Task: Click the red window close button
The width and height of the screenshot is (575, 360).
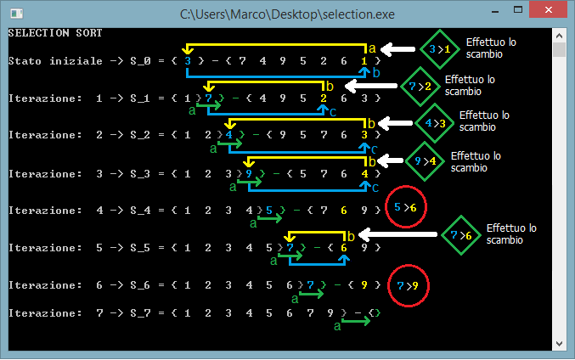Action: pos(548,9)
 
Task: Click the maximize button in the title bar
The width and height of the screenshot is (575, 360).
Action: pos(518,10)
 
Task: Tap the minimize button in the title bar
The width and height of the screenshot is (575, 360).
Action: pos(495,12)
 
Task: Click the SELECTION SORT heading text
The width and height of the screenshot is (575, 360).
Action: pos(55,33)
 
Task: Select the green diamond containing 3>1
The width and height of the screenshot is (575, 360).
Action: pos(440,49)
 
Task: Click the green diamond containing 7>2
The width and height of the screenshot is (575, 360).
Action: pos(420,87)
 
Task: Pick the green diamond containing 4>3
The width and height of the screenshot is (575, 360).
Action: pos(435,123)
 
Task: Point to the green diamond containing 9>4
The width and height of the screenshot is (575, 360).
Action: pos(426,161)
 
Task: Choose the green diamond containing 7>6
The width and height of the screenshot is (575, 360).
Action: pos(461,235)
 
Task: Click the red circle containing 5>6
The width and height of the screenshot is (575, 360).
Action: pos(406,207)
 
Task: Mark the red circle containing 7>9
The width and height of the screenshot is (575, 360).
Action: pos(409,285)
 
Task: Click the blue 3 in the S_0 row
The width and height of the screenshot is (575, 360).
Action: pos(188,61)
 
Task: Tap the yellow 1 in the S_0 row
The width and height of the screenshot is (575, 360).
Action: pos(364,61)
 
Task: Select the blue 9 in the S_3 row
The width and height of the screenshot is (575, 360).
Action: pos(249,173)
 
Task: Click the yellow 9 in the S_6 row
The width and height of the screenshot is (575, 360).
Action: pos(364,284)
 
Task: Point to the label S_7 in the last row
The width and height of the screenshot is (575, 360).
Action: pos(140,313)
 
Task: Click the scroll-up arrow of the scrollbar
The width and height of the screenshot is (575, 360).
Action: pos(559,36)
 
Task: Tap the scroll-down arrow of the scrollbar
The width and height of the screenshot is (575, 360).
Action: pos(559,344)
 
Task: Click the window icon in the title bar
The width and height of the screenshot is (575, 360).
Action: pos(16,14)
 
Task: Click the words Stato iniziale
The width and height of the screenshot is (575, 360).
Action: pos(55,61)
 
